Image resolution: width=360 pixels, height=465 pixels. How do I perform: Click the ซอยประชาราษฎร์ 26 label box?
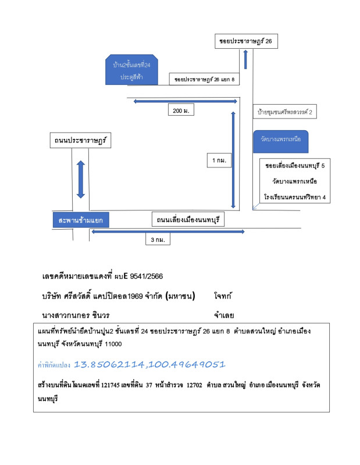(246, 41)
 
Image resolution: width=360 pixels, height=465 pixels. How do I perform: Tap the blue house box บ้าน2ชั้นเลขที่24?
(131, 70)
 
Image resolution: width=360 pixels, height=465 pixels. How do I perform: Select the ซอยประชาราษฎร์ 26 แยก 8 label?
(204, 79)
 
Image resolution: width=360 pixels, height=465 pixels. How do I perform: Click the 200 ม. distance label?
(181, 110)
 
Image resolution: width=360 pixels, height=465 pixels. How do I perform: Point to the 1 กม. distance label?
(219, 160)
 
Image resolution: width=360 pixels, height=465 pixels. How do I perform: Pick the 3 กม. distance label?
(158, 239)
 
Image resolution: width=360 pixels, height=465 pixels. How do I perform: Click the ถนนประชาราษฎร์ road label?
(80, 140)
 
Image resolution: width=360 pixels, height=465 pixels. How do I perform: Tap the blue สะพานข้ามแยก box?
(81, 220)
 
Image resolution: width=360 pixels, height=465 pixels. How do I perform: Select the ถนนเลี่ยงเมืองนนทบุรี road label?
(188, 220)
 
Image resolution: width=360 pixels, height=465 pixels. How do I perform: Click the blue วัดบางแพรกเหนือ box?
(281, 141)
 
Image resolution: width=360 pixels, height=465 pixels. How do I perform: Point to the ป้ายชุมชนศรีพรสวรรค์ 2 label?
(284, 112)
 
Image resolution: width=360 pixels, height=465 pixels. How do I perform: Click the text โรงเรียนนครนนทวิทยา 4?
(295, 197)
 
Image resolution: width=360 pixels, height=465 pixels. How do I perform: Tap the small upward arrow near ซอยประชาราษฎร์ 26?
(245, 59)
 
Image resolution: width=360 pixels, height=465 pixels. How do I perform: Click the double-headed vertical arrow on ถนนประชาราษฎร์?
(81, 179)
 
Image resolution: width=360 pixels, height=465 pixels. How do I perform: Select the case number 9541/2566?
(147, 277)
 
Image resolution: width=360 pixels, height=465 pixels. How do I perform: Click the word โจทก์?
(223, 296)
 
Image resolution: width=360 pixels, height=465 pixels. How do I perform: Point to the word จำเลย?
(224, 315)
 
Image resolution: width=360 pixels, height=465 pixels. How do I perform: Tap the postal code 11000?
(113, 344)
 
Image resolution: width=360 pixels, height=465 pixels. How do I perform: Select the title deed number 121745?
(111, 385)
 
